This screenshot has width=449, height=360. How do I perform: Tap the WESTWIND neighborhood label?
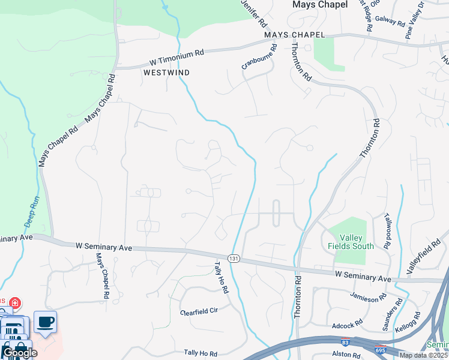(x=166, y=73)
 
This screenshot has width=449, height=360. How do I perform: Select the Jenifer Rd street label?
(x=254, y=14)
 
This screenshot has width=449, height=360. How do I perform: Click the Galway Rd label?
(x=391, y=21)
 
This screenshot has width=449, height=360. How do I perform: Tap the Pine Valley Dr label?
(x=415, y=21)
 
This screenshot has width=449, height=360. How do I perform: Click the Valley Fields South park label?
(x=351, y=242)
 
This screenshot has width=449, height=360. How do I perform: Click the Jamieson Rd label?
(x=368, y=299)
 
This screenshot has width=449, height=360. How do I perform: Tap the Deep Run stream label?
(x=31, y=211)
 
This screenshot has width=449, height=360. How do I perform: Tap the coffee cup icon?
(x=46, y=322)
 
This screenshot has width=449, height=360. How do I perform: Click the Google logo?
(x=20, y=353)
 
